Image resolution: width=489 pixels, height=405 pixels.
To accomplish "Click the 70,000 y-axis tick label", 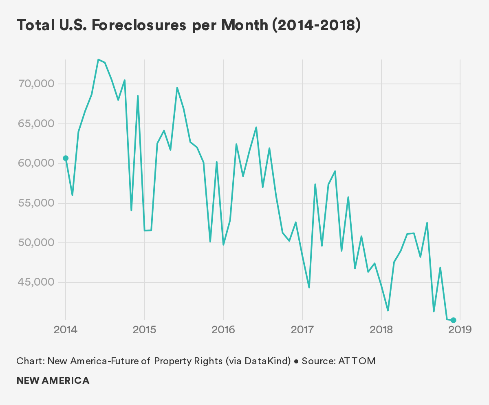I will [36, 84].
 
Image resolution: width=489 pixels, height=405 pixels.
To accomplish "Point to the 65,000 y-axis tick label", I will [36, 124].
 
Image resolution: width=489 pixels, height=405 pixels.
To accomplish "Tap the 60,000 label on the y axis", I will [36, 163].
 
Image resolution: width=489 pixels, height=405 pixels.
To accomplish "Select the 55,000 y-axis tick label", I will [36, 203].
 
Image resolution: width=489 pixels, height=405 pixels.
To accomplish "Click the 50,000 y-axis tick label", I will [36, 243].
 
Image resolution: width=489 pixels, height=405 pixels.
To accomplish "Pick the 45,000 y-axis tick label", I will [36, 282].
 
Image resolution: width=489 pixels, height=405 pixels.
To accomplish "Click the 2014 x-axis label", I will [66, 329].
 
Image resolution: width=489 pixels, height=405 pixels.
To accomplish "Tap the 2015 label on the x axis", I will [145, 329].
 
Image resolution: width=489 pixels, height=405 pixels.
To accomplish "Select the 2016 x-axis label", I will [223, 329].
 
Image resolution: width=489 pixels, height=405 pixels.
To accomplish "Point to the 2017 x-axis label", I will [302, 329].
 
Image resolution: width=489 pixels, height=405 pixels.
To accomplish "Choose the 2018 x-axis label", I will [381, 329].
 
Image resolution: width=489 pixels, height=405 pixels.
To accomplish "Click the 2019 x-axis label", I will [460, 329].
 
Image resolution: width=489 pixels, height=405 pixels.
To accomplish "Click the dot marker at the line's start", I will [66, 158].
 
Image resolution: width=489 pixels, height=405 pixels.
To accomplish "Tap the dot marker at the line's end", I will [454, 320].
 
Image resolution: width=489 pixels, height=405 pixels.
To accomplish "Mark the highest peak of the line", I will [98, 59].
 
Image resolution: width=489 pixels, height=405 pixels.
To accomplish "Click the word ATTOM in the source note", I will [357, 361].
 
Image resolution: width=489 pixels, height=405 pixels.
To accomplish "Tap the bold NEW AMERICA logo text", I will [53, 381].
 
